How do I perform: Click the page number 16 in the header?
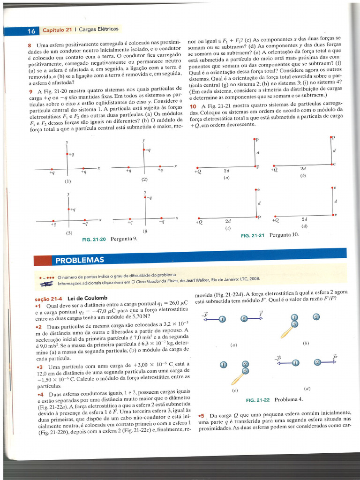[31, 31]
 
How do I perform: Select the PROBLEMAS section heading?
[80, 260]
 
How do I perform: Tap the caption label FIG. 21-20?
[94, 239]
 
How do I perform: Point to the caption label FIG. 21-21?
[253, 235]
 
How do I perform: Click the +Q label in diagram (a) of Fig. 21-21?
[198, 172]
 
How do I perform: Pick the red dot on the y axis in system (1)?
[67, 154]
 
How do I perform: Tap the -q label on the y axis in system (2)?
[148, 150]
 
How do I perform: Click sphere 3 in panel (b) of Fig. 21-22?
[294, 324]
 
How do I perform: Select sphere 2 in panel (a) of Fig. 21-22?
[244, 319]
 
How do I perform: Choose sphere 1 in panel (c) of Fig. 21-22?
[224, 365]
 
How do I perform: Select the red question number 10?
[192, 106]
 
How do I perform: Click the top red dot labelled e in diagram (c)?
[256, 189]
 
